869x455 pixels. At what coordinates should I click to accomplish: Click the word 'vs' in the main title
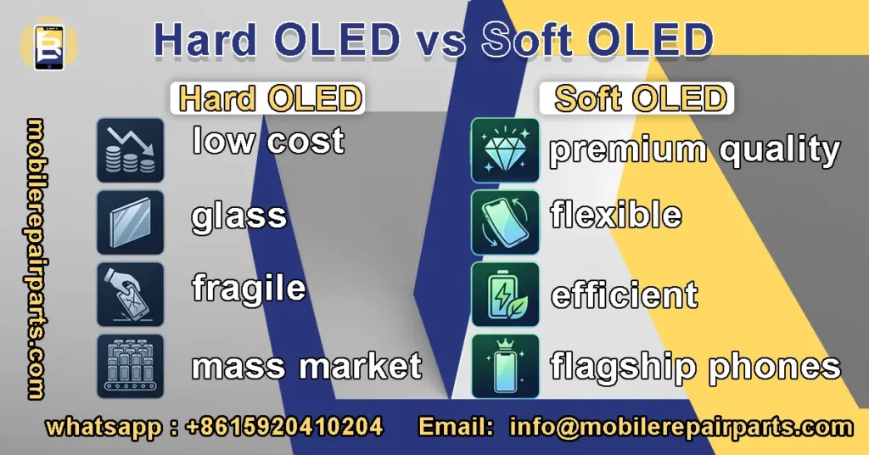[x=434, y=41]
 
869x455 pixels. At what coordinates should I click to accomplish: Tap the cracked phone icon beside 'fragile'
[x=130, y=294]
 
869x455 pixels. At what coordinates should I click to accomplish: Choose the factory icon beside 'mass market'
[x=130, y=366]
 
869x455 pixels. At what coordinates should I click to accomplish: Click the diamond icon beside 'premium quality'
[x=504, y=150]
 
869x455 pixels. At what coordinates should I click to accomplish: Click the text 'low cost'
[x=268, y=141]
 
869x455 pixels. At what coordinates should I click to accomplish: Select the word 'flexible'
[x=615, y=215]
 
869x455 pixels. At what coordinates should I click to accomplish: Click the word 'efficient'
[x=624, y=295]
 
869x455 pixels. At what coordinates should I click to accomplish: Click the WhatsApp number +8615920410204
[x=284, y=426]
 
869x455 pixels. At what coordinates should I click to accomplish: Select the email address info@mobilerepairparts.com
[x=680, y=426]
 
